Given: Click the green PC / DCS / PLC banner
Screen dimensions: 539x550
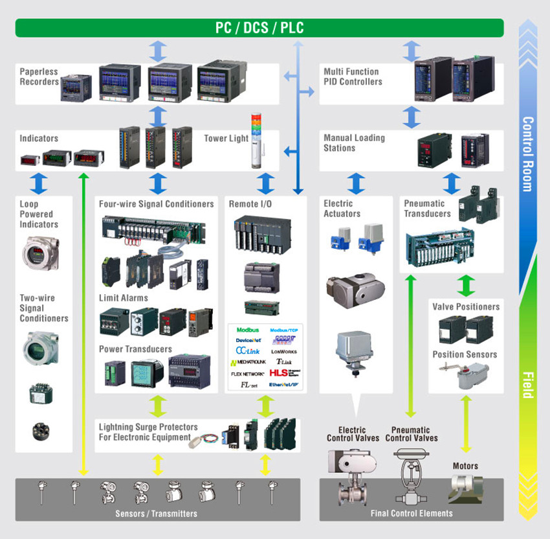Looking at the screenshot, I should pos(259,28).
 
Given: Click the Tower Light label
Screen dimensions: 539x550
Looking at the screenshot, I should pos(226,139).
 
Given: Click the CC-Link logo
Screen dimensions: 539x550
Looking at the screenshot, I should pos(247,351).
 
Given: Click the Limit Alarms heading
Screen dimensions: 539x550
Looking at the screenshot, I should pos(123,298).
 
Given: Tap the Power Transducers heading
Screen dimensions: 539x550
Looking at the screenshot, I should pos(135,349).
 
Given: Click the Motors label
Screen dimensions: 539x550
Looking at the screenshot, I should pos(465,466).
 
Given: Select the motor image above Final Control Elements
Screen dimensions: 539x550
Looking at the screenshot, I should pos(467,487).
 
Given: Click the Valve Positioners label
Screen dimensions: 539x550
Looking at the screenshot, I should pos(466,306).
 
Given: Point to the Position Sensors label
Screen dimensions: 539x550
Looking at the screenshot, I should pos(465,354).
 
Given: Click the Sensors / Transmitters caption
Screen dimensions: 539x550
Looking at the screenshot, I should pos(157,514).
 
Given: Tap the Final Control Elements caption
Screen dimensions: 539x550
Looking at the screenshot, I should pos(412,513).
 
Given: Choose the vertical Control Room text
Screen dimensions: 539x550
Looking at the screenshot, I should pos(527,154).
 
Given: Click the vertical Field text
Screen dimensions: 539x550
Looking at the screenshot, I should pos(527,385).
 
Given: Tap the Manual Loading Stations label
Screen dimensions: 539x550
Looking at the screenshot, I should pos(354,143).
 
